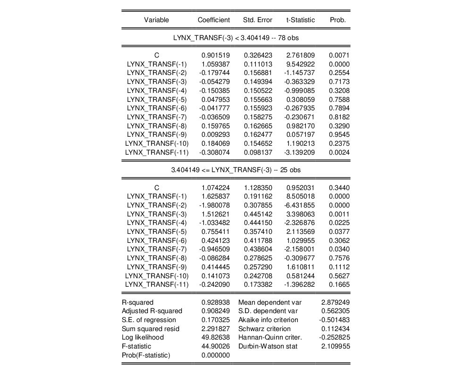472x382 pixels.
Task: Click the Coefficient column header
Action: tap(214, 20)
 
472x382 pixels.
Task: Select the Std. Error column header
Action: tap(258, 20)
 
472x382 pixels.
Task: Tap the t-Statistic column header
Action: tap(300, 20)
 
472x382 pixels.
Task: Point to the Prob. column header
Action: tap(337, 20)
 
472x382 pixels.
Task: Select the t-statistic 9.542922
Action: tap(301, 64)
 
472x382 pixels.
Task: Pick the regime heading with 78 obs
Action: tap(236, 37)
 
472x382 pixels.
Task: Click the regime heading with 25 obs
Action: tap(236, 169)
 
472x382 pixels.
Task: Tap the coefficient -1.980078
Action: tap(214, 205)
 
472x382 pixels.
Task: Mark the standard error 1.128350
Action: tap(258, 188)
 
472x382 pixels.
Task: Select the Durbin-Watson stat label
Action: tap(264, 347)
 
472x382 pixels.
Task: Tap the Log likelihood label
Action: tap(143, 338)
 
